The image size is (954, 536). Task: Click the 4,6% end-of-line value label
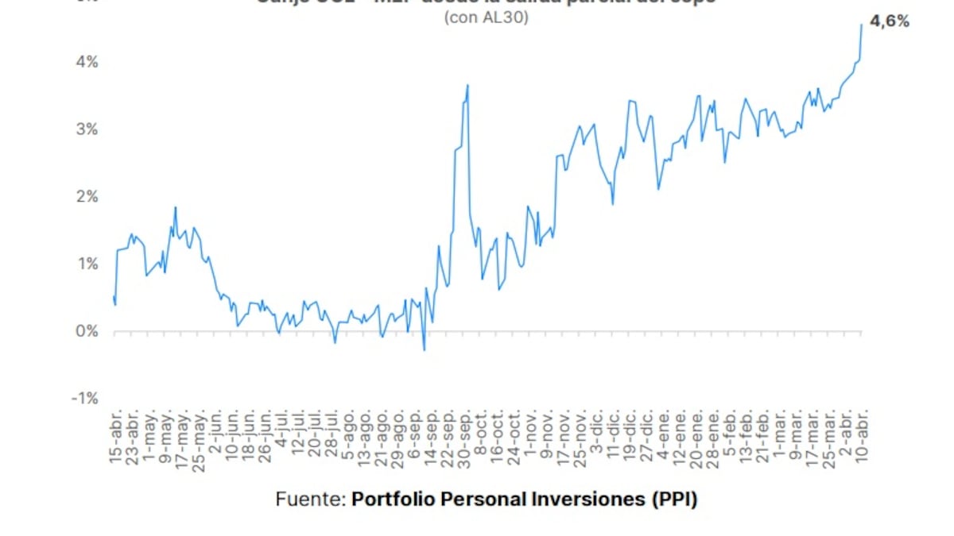(890, 22)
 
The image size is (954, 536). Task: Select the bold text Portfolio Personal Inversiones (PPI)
(525, 499)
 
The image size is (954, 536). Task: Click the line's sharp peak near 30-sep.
(467, 85)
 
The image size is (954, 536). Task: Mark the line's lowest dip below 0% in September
(424, 350)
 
